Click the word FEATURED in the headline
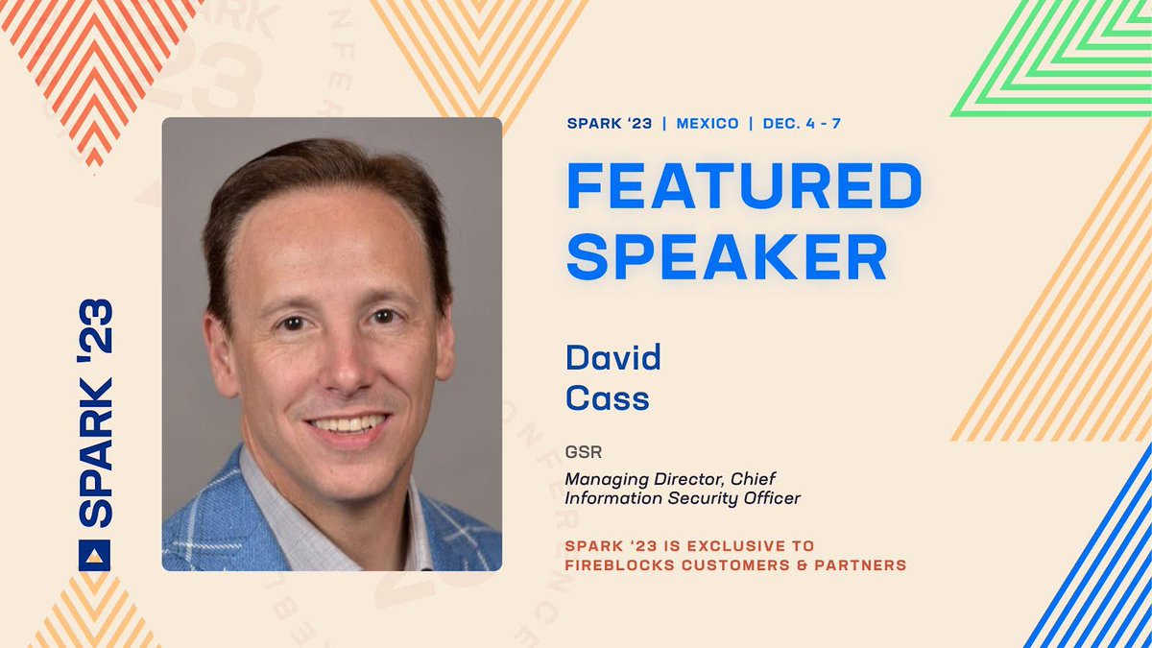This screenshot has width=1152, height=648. (x=744, y=186)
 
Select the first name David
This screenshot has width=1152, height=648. (x=613, y=359)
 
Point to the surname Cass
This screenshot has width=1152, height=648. (x=607, y=397)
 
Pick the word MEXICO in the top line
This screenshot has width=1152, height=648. (x=708, y=124)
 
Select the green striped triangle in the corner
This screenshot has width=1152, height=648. (x=1066, y=58)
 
